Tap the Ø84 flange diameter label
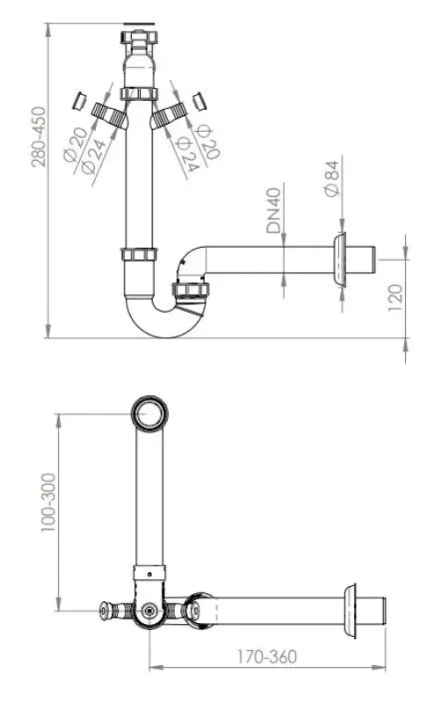point(331,179)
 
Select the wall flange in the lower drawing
point(356,610)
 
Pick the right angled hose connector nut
point(172,114)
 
